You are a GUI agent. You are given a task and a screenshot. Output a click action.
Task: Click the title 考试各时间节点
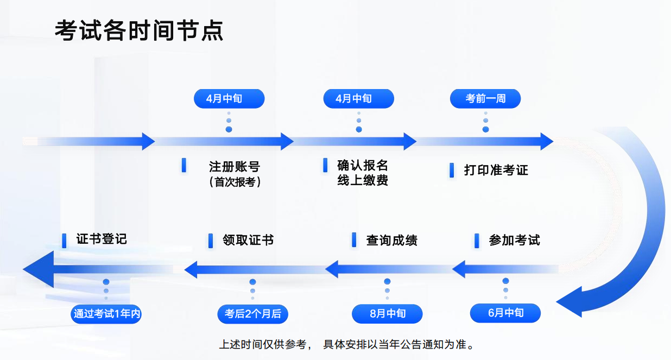pyautogui.click(x=139, y=31)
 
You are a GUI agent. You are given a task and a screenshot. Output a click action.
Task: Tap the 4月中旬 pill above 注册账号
pyautogui.click(x=229, y=99)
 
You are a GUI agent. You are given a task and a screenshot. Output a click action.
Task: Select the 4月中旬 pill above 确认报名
pyautogui.click(x=358, y=99)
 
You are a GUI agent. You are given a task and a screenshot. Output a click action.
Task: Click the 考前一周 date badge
pyautogui.click(x=485, y=99)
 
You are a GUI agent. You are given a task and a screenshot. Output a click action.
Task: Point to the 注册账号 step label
pyautogui.click(x=235, y=167)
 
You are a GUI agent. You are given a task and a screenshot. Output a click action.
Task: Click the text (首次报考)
pyautogui.click(x=235, y=182)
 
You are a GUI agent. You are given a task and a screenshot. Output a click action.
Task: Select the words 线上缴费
pyautogui.click(x=363, y=180)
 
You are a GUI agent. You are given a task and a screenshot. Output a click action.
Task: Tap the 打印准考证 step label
pyautogui.click(x=496, y=170)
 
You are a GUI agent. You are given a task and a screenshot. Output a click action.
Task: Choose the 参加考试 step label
pyautogui.click(x=514, y=240)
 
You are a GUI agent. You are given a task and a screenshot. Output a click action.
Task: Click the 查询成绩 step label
pyautogui.click(x=391, y=240)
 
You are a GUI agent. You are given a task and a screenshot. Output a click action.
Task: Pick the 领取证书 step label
pyautogui.click(x=248, y=240)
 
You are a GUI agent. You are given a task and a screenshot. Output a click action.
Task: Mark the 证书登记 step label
pyautogui.click(x=102, y=239)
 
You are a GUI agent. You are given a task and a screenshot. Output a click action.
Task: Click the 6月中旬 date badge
pyautogui.click(x=505, y=313)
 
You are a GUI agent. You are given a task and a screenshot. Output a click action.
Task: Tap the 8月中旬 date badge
pyautogui.click(x=387, y=314)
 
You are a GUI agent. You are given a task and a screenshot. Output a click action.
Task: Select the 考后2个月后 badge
pyautogui.click(x=252, y=314)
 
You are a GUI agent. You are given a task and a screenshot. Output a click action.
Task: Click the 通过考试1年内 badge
pyautogui.click(x=107, y=314)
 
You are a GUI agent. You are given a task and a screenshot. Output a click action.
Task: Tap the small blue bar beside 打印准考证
pyautogui.click(x=452, y=170)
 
